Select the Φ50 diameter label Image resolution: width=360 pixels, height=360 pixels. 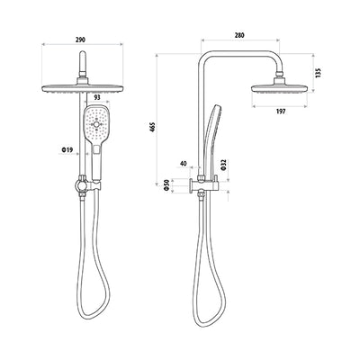[167, 184]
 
